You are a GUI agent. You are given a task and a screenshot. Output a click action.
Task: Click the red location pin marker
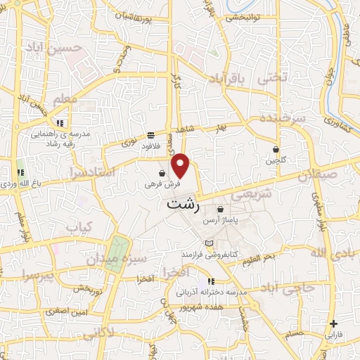coord(181,165)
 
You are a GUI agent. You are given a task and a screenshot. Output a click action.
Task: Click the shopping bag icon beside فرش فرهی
coord(162,173)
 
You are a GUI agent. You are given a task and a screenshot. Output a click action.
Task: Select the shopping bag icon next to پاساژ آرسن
coord(221,209)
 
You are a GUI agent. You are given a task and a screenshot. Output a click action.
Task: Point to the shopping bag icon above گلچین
coord(276,149)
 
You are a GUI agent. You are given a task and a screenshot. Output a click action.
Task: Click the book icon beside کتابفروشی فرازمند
coord(208,243)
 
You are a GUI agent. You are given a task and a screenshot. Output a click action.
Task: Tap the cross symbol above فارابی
coord(333,324)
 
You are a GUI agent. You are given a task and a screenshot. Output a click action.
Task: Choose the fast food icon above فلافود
coord(151,135)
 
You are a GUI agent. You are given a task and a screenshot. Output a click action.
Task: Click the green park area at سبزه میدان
coord(117,252)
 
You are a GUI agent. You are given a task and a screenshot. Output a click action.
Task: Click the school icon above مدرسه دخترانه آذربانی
coord(211,281)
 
